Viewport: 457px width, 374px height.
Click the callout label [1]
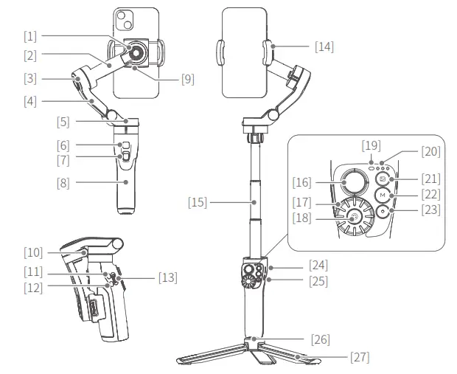point(29,35)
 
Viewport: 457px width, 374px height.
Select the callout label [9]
point(187,79)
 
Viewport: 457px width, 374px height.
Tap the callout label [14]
point(324,46)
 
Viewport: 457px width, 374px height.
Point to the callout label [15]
point(198,201)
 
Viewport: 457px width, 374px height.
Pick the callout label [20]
point(430,151)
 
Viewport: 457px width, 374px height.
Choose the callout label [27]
point(360,357)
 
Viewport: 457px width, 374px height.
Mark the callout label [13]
point(167,277)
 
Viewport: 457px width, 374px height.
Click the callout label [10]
point(33,252)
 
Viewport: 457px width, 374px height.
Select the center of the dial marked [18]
point(355,216)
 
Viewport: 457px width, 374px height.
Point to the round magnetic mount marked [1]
point(137,52)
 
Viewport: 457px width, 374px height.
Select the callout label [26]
point(320,339)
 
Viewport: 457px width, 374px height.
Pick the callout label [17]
point(302,201)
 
